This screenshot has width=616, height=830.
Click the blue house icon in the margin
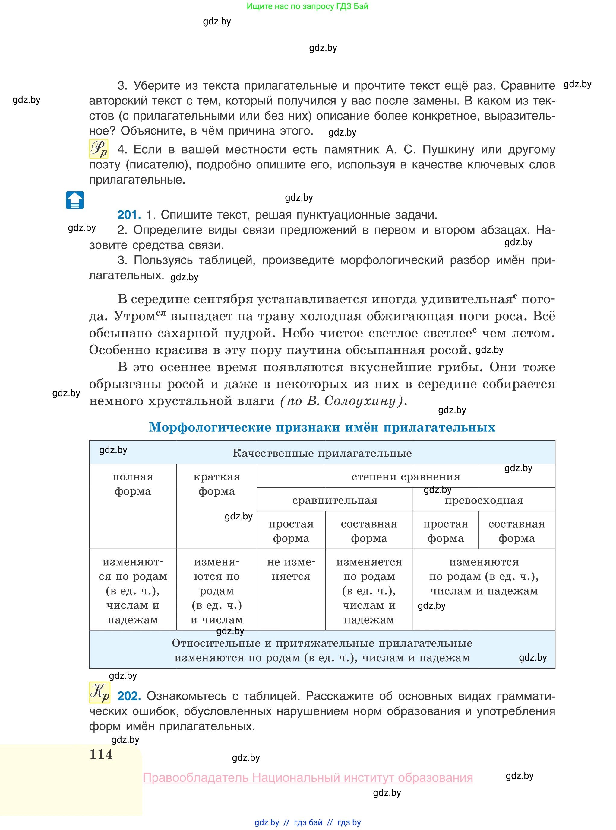(75, 200)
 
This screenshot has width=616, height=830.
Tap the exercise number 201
(129, 215)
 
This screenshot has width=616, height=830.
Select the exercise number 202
(129, 696)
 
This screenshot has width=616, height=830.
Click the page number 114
(101, 754)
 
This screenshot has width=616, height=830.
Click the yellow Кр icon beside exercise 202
(100, 693)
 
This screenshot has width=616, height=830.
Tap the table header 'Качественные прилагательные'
(322, 453)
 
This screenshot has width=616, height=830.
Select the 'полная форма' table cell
(133, 484)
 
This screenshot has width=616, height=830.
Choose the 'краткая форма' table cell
(217, 484)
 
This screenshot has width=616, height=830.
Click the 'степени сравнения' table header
(406, 477)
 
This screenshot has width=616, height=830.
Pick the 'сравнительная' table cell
(335, 500)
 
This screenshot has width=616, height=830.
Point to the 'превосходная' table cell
(484, 500)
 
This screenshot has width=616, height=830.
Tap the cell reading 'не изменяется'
(291, 569)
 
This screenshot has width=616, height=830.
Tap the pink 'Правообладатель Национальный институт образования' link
(308, 778)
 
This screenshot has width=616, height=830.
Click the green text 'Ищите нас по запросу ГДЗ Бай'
(307, 6)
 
